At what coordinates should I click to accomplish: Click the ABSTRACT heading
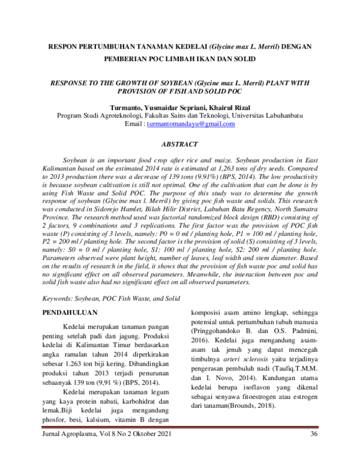(180, 145)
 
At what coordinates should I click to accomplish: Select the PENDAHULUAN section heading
(72, 313)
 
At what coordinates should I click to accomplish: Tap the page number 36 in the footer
(313, 451)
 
